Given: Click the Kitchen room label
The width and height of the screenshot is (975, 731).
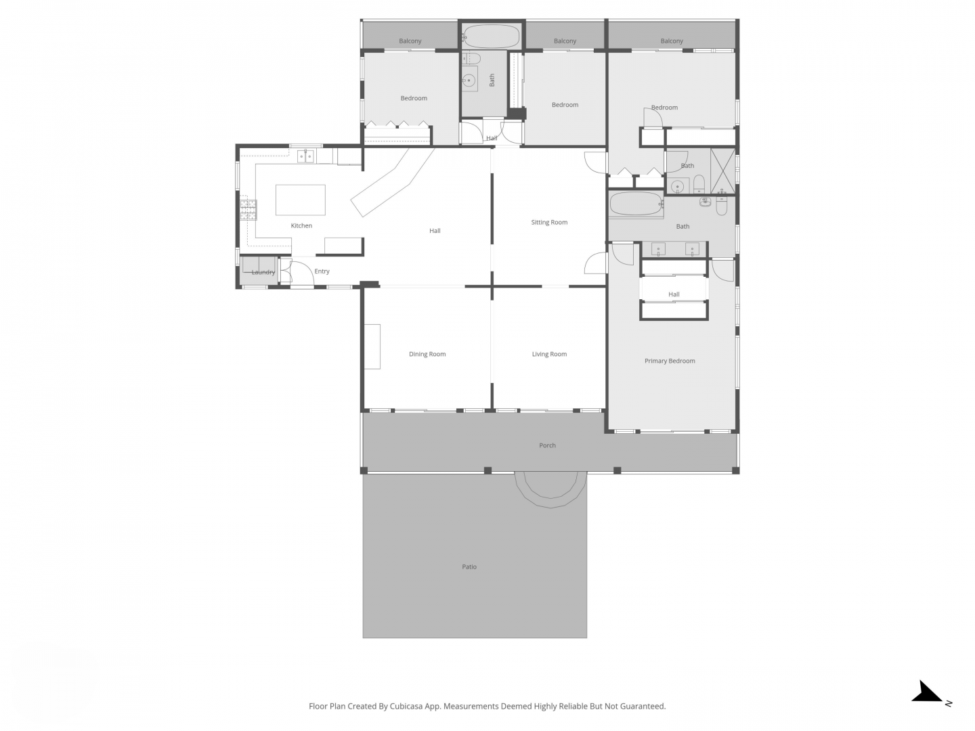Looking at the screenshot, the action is tap(301, 225).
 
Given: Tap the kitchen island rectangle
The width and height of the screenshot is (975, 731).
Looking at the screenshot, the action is tap(300, 200).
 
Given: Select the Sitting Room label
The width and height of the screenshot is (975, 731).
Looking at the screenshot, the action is tap(549, 222).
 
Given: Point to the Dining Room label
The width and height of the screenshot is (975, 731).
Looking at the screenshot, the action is tap(427, 354).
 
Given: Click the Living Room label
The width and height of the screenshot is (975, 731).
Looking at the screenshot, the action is tap(549, 354).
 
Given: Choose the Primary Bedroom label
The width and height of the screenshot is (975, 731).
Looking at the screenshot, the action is tap(670, 361).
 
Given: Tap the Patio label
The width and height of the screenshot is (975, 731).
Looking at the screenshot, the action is tap(469, 567).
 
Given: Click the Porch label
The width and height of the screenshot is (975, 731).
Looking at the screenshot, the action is tap(547, 445).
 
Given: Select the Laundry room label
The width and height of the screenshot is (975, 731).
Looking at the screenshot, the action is tap(263, 272).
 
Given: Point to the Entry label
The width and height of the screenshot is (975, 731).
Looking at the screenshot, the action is tap(322, 271).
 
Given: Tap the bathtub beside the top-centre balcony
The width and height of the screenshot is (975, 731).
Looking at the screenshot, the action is tap(490, 36).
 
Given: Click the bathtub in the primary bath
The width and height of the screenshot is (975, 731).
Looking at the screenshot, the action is tap(636, 204).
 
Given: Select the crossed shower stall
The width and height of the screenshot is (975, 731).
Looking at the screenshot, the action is tap(722, 171).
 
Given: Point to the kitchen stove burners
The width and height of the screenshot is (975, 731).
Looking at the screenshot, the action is tap(248, 210).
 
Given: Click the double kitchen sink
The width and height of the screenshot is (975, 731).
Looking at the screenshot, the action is tap(305, 156).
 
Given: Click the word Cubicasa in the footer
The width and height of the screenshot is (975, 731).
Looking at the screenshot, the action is tap(406, 706).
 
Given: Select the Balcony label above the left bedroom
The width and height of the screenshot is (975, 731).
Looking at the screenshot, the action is tap(410, 41).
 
